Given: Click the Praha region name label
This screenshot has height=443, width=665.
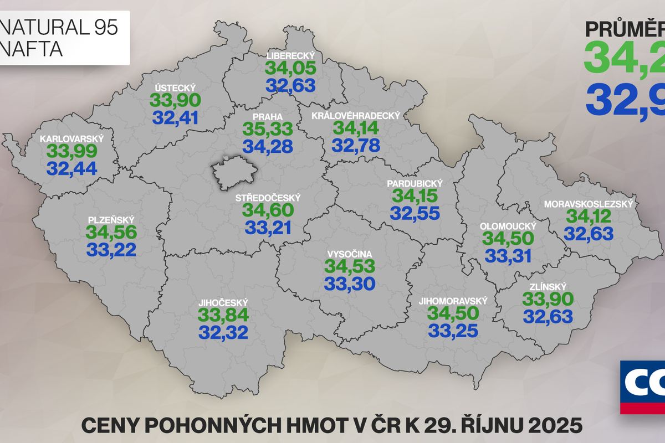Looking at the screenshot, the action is pos(268,117).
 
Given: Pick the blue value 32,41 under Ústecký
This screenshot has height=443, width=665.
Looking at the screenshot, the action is pos(175,117).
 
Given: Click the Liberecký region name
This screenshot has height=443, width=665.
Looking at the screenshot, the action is pos(290,56).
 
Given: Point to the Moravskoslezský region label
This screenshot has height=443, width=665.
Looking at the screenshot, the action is pos(589,204).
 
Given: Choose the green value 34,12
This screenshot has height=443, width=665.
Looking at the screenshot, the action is pos(589,217).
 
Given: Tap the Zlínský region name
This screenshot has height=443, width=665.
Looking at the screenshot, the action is pos(548,286).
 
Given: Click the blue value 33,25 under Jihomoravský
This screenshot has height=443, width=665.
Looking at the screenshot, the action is pos(453,331).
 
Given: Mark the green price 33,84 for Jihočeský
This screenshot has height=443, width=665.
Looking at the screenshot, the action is pos(223,315).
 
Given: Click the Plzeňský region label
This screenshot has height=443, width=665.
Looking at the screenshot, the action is pos(111,220).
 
